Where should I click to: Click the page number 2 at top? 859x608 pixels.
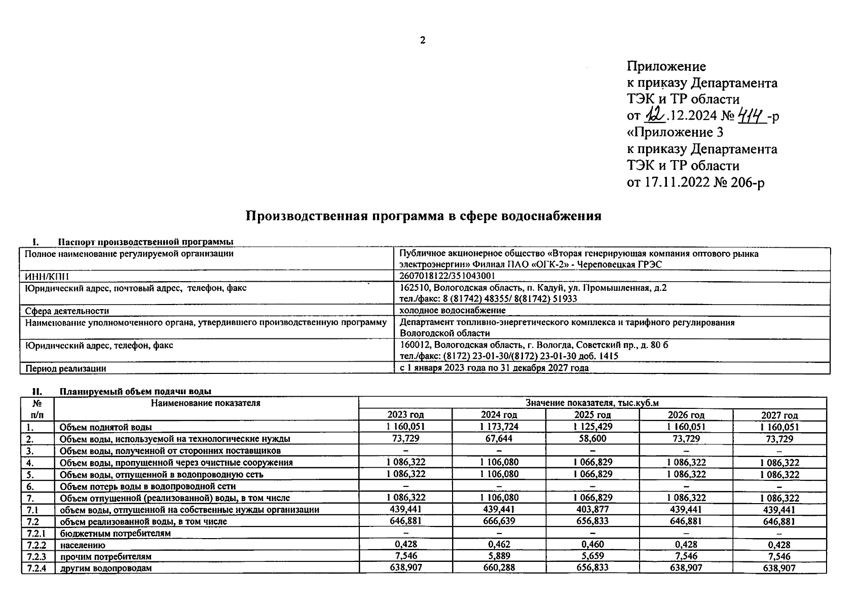[422, 41]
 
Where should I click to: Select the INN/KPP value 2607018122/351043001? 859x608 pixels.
[447, 276]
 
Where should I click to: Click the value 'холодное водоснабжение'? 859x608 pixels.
[452, 310]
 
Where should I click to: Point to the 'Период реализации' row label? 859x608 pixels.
[65, 368]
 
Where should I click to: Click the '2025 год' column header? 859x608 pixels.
[592, 415]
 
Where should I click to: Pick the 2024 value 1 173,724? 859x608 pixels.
[499, 427]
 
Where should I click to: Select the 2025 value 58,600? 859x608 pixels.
[592, 438]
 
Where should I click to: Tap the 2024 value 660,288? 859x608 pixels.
[499, 567]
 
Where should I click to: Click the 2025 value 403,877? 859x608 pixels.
[592, 509]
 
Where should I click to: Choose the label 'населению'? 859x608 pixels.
[82, 545]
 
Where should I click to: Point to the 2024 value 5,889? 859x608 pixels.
[499, 556]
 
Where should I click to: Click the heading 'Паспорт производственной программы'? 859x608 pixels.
[145, 241]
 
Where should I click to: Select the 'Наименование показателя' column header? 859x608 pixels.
[205, 403]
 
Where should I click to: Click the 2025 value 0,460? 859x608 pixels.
[592, 545]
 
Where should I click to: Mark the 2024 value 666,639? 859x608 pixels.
[499, 521]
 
